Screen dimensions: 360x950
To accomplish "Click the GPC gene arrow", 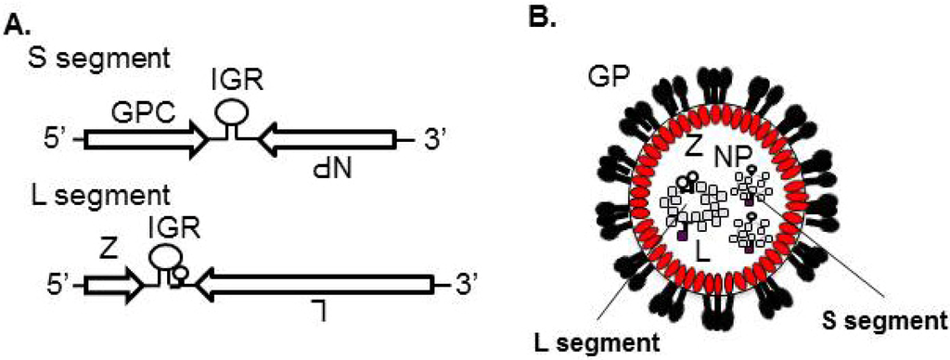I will (144, 140).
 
